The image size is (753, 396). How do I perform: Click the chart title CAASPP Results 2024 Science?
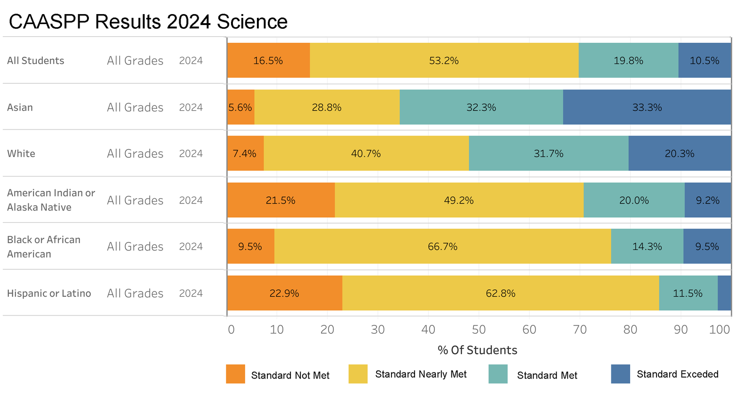[x=148, y=22]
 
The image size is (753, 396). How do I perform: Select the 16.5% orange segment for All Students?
[x=268, y=60]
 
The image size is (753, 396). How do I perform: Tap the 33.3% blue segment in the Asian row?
[x=647, y=107]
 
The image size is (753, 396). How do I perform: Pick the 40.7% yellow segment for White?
[x=366, y=154]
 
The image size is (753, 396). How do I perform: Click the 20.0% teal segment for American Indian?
[x=633, y=200]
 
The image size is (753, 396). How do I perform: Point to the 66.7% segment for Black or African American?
[x=442, y=246]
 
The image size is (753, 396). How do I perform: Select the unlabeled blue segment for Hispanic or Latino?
[x=724, y=293]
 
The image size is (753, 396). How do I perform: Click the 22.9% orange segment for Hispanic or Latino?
[x=284, y=293]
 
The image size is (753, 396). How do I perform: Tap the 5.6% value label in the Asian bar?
[x=240, y=107]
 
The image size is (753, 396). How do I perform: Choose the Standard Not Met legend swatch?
[x=235, y=374]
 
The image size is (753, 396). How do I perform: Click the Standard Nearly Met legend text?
[x=421, y=374]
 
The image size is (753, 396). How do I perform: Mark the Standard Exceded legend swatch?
[x=620, y=374]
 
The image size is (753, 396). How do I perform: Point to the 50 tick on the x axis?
[x=479, y=329]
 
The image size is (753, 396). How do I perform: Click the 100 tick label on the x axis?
[x=719, y=329]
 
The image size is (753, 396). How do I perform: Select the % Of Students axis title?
[x=477, y=350]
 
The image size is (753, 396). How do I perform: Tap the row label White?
[x=21, y=154]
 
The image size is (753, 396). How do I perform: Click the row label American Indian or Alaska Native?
[x=51, y=200]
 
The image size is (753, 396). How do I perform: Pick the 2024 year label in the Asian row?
[x=191, y=107]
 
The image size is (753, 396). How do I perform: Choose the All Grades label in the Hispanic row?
[x=135, y=293]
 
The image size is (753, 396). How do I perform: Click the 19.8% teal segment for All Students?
[x=628, y=60]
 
